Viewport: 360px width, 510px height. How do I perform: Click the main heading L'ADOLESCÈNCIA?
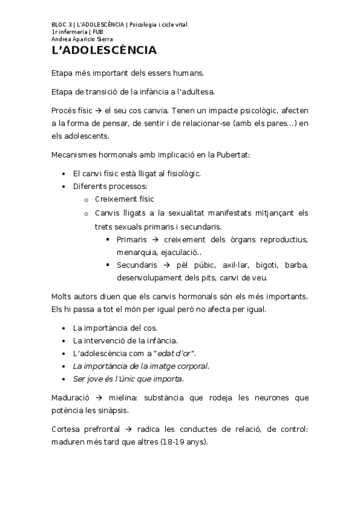pos(104,50)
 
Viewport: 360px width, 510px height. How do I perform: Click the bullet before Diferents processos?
pos(64,186)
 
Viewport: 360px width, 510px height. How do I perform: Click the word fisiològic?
pos(179,173)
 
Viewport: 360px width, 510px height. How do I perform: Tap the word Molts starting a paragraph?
pos(63,296)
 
